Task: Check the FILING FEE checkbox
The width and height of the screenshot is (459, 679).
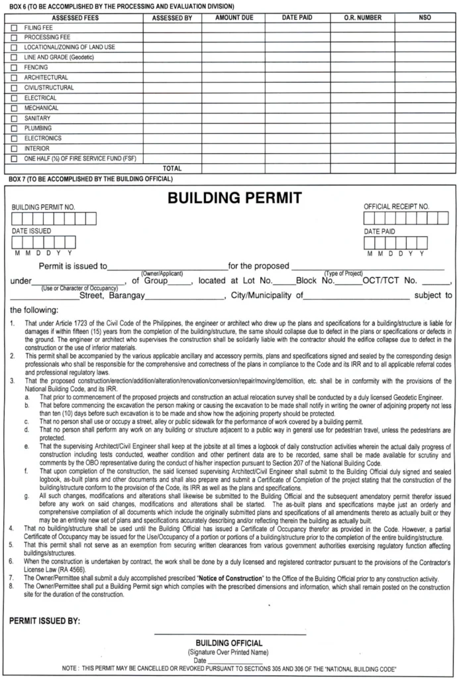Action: [x=15, y=29]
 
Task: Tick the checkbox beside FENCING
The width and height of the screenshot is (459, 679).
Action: [x=15, y=68]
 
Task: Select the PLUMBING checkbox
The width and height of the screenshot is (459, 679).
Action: [x=15, y=128]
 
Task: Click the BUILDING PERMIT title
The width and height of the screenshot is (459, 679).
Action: [x=225, y=198]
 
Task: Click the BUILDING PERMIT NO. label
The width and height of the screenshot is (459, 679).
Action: [x=43, y=207]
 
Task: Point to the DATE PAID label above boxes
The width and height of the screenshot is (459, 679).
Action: [x=380, y=232]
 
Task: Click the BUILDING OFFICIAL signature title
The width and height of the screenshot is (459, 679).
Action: [x=229, y=643]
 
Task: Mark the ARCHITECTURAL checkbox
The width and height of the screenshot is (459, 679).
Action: [x=15, y=78]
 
